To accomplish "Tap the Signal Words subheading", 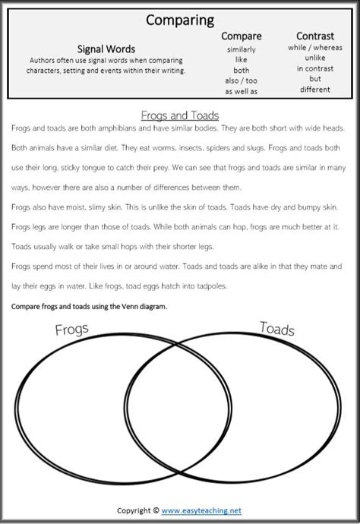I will click(x=106, y=46).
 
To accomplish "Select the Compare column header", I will click(x=241, y=36).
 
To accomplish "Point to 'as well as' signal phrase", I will click(x=241, y=91).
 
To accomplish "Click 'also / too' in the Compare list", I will click(x=241, y=80).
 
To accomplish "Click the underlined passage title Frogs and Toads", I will click(x=180, y=115).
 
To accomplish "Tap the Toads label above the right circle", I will click(x=276, y=328).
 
